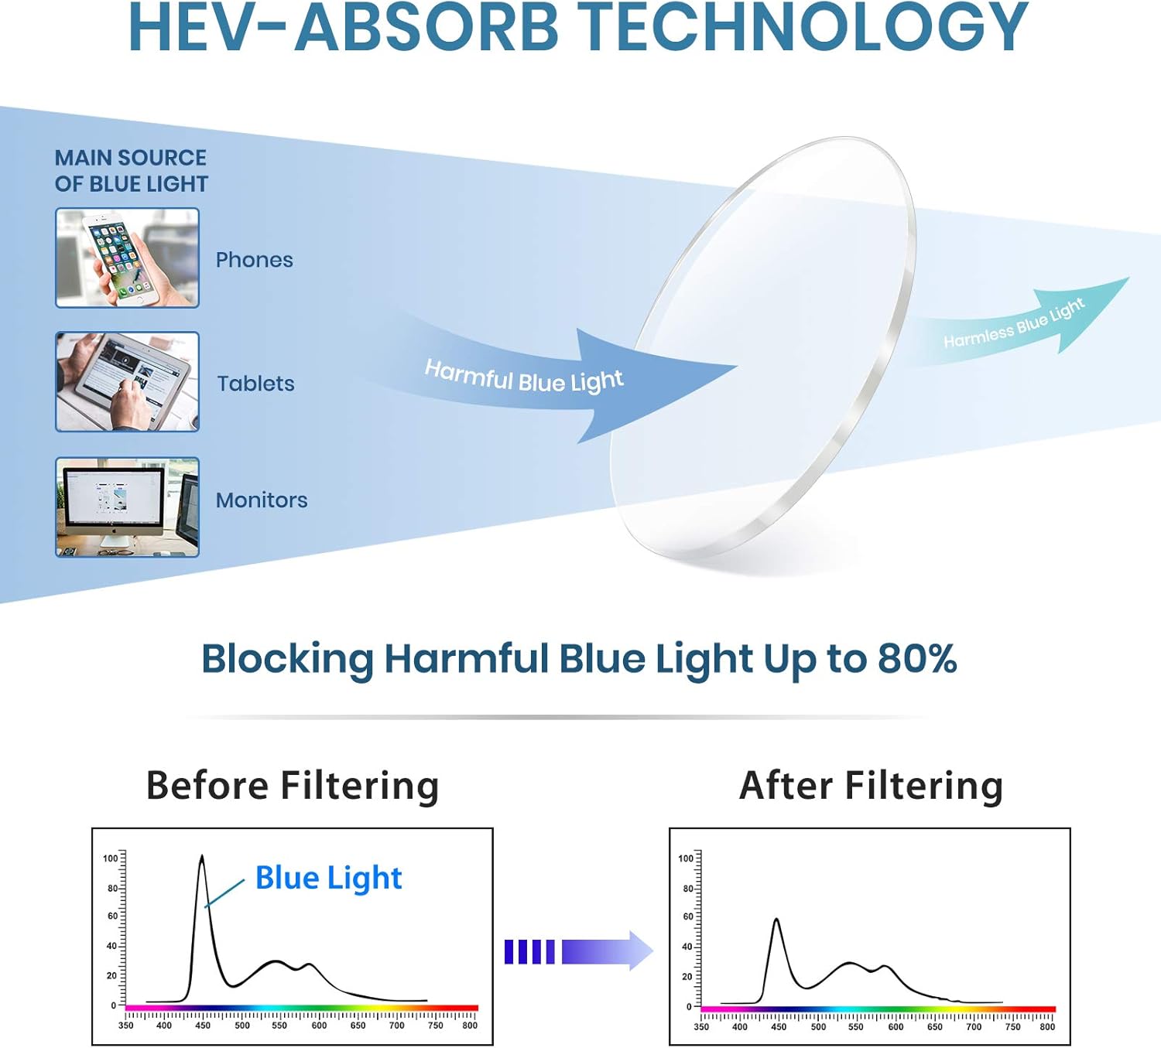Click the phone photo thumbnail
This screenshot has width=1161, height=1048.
point(127,258)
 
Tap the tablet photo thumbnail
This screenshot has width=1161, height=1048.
point(127,381)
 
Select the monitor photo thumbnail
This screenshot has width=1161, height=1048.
point(127,507)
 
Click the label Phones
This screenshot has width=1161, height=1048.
point(254,260)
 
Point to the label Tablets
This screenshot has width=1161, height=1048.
point(255,384)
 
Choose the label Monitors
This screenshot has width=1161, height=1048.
point(262,500)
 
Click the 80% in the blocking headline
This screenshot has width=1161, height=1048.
point(917,659)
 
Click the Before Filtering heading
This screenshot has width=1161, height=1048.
point(293,786)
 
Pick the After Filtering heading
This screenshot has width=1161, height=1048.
point(871,786)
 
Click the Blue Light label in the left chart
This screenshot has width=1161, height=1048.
point(328,878)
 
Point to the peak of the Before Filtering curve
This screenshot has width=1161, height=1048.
point(202,857)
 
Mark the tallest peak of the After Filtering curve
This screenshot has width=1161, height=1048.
point(776,920)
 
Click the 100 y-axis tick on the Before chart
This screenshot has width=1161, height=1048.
point(110,859)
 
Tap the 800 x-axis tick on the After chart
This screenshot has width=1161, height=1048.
point(1047,1027)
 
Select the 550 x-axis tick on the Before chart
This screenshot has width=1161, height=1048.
point(279,1026)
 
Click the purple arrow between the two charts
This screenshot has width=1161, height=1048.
point(579,951)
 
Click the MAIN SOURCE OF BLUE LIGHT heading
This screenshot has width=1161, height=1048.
point(131,171)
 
